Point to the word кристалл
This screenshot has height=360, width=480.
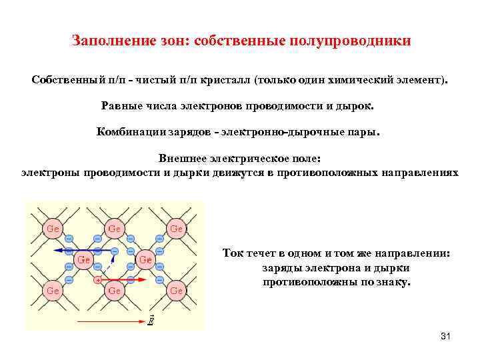point(223,81)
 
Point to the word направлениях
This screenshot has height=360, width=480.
point(420,172)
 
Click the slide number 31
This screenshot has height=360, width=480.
point(446,336)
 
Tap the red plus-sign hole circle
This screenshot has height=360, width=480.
point(98,280)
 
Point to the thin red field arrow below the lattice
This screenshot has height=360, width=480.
point(109,321)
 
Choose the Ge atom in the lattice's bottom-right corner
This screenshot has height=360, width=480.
point(176,290)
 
